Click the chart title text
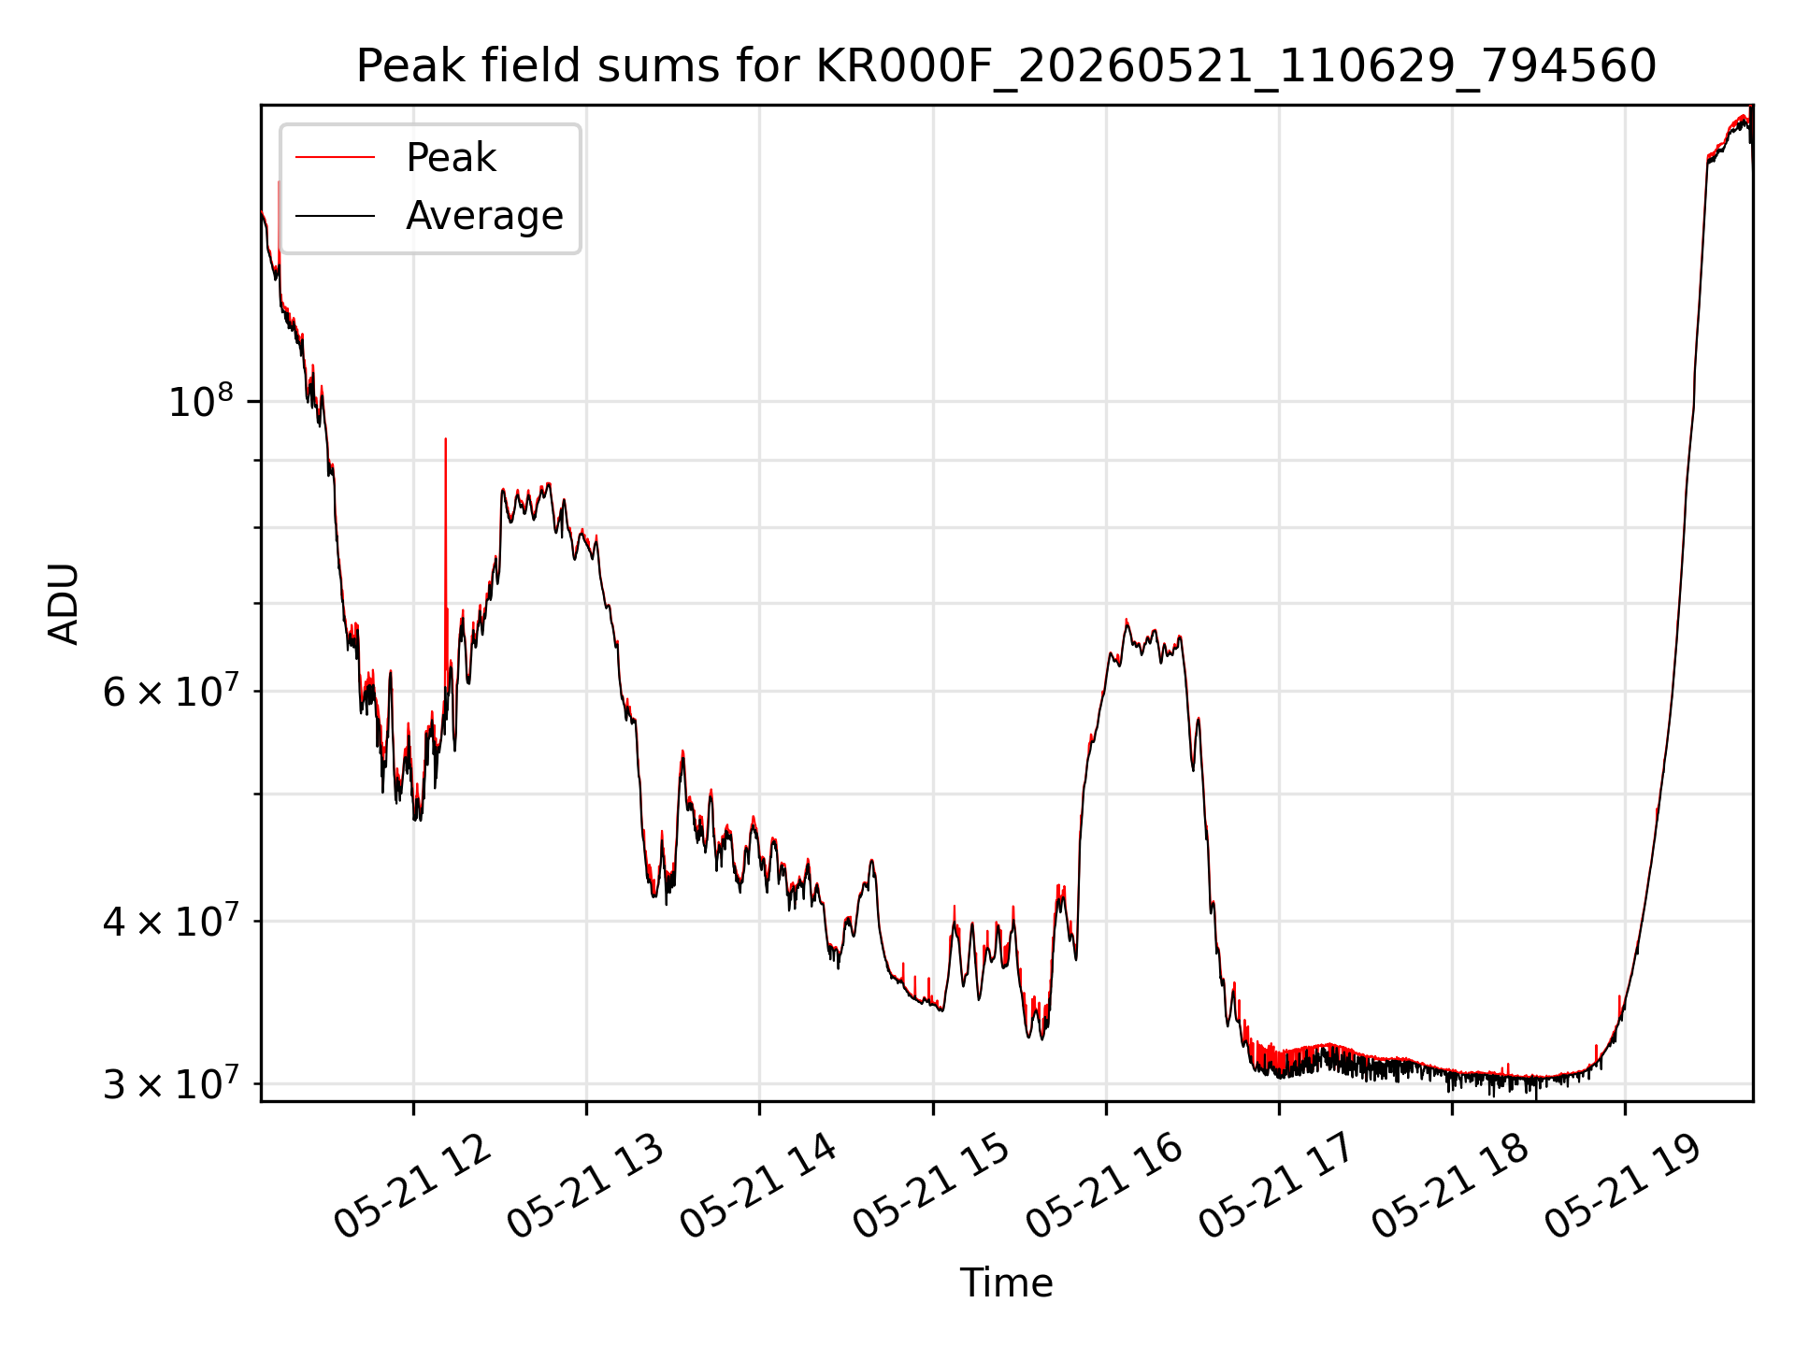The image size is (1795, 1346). point(1006,66)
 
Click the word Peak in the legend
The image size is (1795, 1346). point(451,158)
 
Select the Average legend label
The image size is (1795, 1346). point(484,216)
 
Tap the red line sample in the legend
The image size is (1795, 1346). point(335,158)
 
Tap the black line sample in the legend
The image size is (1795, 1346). point(335,216)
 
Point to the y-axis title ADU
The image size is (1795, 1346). point(64,603)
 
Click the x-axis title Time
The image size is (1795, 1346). point(1006,1283)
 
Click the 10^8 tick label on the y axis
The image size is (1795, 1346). point(202,402)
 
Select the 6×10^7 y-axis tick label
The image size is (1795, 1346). point(169,692)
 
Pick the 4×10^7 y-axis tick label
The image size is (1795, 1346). point(169,922)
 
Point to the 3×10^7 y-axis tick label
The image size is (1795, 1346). point(169,1084)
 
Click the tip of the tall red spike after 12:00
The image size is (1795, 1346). point(446,438)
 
